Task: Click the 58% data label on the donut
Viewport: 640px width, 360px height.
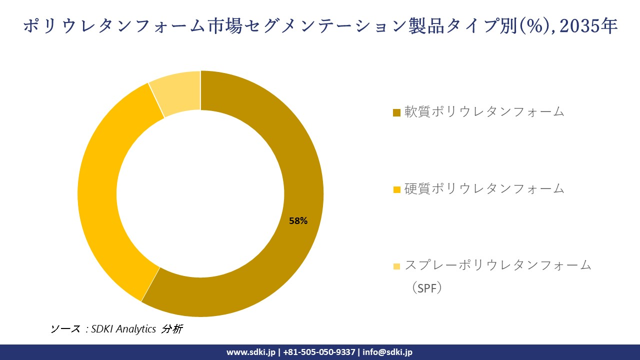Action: (298, 220)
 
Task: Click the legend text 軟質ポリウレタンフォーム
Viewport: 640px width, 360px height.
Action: (484, 111)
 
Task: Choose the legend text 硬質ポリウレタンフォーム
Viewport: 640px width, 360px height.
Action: (484, 188)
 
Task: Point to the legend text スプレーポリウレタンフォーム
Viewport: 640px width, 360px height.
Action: (497, 265)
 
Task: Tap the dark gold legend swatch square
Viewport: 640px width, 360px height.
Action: (397, 112)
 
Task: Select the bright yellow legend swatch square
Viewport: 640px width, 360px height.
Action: (397, 189)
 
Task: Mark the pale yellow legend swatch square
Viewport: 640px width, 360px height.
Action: (397, 266)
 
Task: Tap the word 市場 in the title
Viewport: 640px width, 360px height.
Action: (222, 26)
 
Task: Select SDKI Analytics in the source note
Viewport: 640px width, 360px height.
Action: (123, 329)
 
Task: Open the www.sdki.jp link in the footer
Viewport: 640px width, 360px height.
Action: (250, 352)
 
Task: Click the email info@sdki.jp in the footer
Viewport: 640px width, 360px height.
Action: (387, 352)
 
